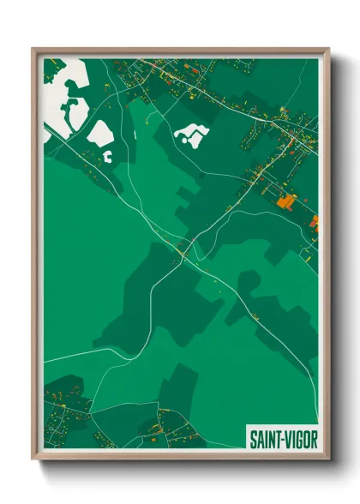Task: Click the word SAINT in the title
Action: pos(264,438)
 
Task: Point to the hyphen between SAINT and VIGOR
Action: pos(279,438)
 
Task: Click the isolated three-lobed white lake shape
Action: pos(194,131)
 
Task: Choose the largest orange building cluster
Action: pos(285,202)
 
